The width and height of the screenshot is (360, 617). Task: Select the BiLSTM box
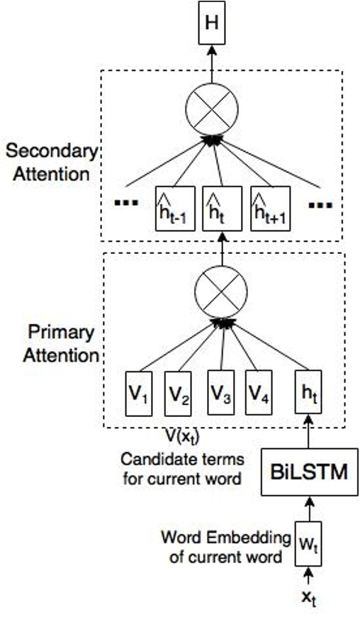(310, 471)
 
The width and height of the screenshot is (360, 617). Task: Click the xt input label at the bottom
(310, 597)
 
